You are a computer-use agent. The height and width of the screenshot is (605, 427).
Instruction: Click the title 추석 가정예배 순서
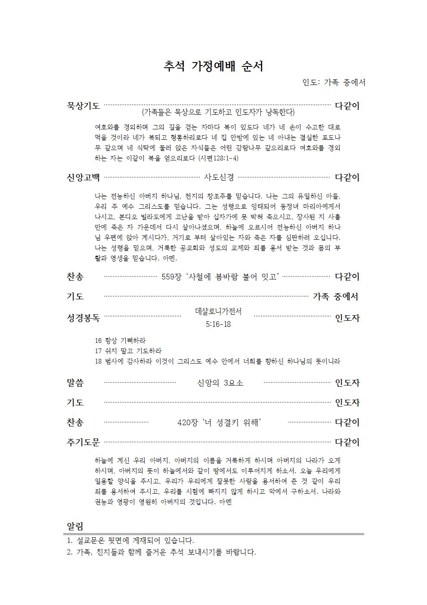tap(213, 66)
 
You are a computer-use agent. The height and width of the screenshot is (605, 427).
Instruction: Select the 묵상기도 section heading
tap(83, 106)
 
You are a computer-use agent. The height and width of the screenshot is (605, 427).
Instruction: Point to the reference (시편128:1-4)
tap(218, 158)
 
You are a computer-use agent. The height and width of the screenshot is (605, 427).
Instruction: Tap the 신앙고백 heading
tap(83, 177)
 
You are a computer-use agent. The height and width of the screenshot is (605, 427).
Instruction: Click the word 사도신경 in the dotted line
tap(219, 177)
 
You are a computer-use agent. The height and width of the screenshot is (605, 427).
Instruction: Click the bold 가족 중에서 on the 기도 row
tap(335, 296)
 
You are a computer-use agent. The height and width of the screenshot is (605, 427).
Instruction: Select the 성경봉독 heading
tap(83, 318)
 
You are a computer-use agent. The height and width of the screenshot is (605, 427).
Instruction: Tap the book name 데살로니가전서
tap(218, 312)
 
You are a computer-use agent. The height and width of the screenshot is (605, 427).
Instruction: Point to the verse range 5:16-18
tap(218, 324)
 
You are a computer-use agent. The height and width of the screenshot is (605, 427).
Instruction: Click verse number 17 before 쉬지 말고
tap(98, 351)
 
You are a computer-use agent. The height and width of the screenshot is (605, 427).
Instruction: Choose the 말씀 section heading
tap(75, 382)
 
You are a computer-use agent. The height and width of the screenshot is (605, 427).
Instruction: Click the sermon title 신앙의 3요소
tap(220, 382)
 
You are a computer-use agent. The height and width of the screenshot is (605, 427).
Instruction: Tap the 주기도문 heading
tap(83, 442)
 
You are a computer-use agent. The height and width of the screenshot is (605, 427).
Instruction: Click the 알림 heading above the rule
tap(75, 526)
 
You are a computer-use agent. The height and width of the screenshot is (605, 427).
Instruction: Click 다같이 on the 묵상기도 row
tap(347, 106)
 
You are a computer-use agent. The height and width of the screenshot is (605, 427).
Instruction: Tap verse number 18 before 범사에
tap(98, 361)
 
